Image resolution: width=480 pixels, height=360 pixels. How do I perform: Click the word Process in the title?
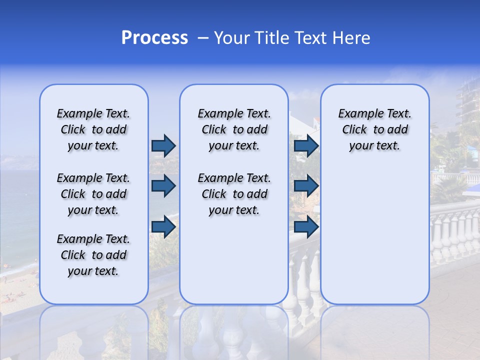pyautogui.click(x=154, y=38)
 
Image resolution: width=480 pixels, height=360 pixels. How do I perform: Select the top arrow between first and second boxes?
pyautogui.click(x=163, y=145)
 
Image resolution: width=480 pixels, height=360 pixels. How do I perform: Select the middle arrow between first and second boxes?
pyautogui.click(x=163, y=186)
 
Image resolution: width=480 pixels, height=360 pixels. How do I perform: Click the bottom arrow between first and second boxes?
pyautogui.click(x=163, y=227)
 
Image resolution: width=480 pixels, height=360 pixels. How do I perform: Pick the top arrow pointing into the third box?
pyautogui.click(x=306, y=145)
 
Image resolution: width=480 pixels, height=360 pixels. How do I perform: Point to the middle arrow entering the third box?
pyautogui.click(x=306, y=186)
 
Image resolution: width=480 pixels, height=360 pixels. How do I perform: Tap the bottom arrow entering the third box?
pyautogui.click(x=306, y=227)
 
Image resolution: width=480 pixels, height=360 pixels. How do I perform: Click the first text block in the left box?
pyautogui.click(x=93, y=129)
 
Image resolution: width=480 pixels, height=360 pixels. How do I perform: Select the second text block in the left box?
pyautogui.click(x=93, y=194)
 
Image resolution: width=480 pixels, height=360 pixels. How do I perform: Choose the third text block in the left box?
pyautogui.click(x=93, y=255)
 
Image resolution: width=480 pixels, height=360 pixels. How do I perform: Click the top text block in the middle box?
pyautogui.click(x=234, y=129)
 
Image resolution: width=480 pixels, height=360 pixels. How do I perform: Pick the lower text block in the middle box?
pyautogui.click(x=234, y=194)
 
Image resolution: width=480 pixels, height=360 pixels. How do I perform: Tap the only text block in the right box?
pyautogui.click(x=374, y=129)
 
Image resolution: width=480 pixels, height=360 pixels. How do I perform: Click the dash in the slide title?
pyautogui.click(x=203, y=38)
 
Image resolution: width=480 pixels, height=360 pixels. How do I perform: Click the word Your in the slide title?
pyautogui.click(x=232, y=38)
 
